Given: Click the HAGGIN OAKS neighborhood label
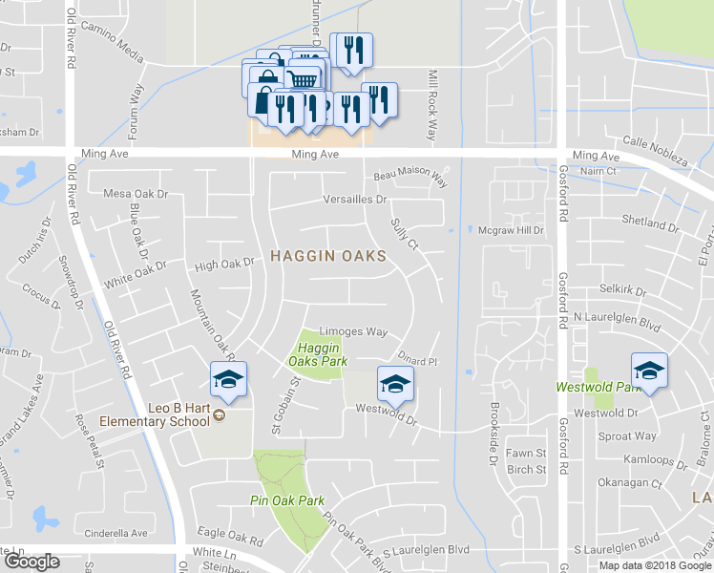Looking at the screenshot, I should pyautogui.click(x=328, y=256).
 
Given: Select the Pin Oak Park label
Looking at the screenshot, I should pyautogui.click(x=288, y=500).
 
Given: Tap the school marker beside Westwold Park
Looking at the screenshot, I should pyautogui.click(x=649, y=371).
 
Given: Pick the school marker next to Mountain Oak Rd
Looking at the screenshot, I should pyautogui.click(x=228, y=380).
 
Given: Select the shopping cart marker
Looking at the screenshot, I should pyautogui.click(x=304, y=77).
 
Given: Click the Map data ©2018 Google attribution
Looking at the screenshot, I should pyautogui.click(x=655, y=565).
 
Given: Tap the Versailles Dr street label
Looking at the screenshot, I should pyautogui.click(x=355, y=200).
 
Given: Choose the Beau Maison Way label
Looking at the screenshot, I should pyautogui.click(x=410, y=176).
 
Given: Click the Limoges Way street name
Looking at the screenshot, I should pyautogui.click(x=352, y=331).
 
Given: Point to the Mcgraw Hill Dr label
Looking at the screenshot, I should pyautogui.click(x=511, y=229).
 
